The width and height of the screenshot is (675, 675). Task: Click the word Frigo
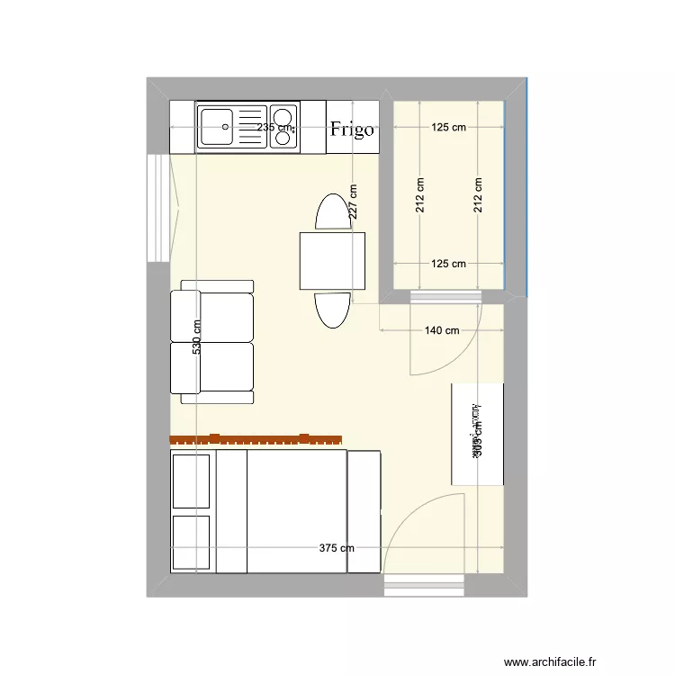click(351, 129)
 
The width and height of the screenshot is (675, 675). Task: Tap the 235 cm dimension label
click(275, 127)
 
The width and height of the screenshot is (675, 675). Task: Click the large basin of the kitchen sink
click(216, 126)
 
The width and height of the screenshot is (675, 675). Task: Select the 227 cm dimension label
click(354, 202)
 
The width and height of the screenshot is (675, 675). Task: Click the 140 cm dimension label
click(441, 330)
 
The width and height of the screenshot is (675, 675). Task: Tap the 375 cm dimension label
click(337, 547)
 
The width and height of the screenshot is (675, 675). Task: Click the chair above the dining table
click(332, 212)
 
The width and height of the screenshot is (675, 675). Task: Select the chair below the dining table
click(332, 310)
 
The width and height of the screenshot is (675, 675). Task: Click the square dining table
click(333, 260)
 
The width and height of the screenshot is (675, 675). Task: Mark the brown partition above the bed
click(256, 440)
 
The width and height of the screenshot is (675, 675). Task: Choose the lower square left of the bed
click(190, 543)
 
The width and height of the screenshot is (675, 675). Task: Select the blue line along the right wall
click(526, 189)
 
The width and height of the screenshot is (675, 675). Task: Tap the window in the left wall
click(157, 207)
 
